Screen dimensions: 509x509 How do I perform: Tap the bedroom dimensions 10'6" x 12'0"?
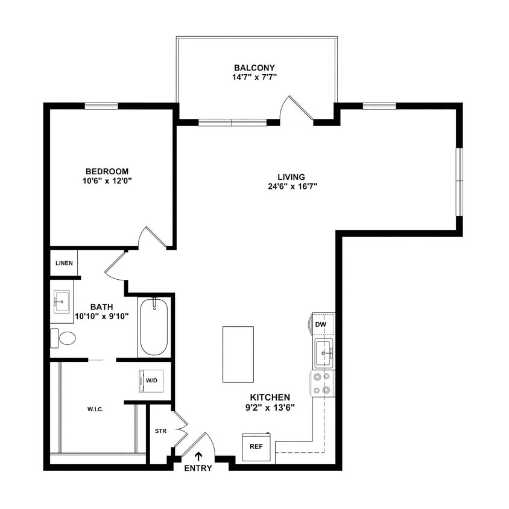point(107,180)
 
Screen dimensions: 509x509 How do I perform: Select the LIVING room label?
point(291,177)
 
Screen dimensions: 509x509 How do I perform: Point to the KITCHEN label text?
point(270,397)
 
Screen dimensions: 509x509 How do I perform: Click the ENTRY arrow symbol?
point(198,457)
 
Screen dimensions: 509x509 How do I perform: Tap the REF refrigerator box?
point(256,447)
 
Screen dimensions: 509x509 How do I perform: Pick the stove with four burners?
point(323,383)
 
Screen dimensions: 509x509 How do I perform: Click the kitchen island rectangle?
point(238,354)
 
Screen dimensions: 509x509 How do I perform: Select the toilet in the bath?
point(63,338)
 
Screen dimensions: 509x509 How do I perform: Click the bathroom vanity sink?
point(62,301)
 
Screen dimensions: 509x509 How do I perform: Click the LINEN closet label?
point(64,263)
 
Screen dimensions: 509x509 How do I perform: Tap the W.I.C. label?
point(95,409)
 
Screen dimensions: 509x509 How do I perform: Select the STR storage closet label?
point(160,431)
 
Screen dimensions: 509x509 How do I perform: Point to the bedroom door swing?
point(151,238)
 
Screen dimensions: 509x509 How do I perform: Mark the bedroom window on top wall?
point(101,106)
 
